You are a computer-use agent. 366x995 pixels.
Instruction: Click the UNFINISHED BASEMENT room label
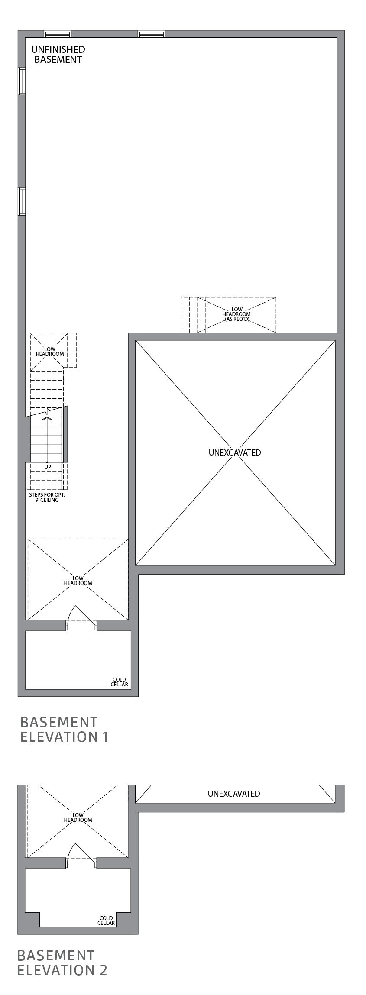(x=58, y=55)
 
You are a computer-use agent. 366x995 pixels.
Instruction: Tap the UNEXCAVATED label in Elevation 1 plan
(x=235, y=452)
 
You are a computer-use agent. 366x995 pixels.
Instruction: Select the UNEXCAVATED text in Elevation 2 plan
(x=234, y=794)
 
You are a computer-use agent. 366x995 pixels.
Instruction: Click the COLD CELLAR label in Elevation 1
(x=119, y=682)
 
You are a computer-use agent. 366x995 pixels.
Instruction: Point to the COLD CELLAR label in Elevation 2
(x=106, y=921)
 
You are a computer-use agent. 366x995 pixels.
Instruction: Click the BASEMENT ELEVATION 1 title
(x=64, y=729)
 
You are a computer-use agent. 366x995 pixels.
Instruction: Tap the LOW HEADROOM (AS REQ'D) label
(x=236, y=314)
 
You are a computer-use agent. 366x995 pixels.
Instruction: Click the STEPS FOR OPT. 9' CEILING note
(x=47, y=497)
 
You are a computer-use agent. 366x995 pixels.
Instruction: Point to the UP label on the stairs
(x=48, y=467)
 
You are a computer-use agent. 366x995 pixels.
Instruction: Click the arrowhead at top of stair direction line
(x=47, y=418)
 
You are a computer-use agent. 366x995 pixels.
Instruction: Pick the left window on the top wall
(x=58, y=34)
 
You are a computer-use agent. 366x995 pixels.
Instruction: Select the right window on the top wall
(x=152, y=34)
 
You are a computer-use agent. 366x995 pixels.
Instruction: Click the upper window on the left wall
(x=22, y=81)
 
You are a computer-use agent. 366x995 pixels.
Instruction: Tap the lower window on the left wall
(x=22, y=201)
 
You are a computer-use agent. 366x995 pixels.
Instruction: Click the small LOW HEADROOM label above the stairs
(x=49, y=352)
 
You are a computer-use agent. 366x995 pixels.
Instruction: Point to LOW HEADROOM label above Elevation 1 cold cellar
(x=78, y=581)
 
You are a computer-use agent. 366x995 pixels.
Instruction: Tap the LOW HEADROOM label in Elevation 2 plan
(x=78, y=817)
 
